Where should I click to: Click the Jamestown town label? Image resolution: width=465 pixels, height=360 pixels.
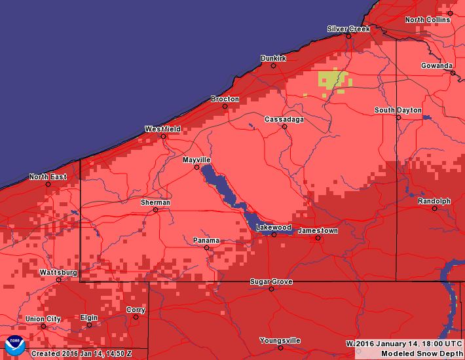(318, 231)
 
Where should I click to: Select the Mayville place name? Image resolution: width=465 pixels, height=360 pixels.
(196, 160)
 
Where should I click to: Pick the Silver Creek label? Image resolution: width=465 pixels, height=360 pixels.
(348, 29)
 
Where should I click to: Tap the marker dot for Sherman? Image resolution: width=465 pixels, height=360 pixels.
(155, 210)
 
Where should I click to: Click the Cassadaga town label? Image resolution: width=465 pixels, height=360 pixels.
(284, 119)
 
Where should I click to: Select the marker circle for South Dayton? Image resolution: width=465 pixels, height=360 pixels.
(398, 117)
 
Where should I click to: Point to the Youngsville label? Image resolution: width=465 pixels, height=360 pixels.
(280, 340)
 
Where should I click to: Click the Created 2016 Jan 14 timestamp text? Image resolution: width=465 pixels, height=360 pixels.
(82, 353)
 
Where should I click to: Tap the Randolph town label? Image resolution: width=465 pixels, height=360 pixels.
(434, 201)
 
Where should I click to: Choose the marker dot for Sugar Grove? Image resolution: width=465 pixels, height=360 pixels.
(271, 289)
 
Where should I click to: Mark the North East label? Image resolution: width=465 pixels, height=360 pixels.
(48, 177)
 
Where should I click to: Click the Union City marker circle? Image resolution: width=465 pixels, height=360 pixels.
(43, 326)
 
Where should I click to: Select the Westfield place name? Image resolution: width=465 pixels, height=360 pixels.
(162, 129)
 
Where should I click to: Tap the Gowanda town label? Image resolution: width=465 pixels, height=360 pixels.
(436, 65)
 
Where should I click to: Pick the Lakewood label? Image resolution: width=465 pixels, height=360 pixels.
(273, 227)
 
